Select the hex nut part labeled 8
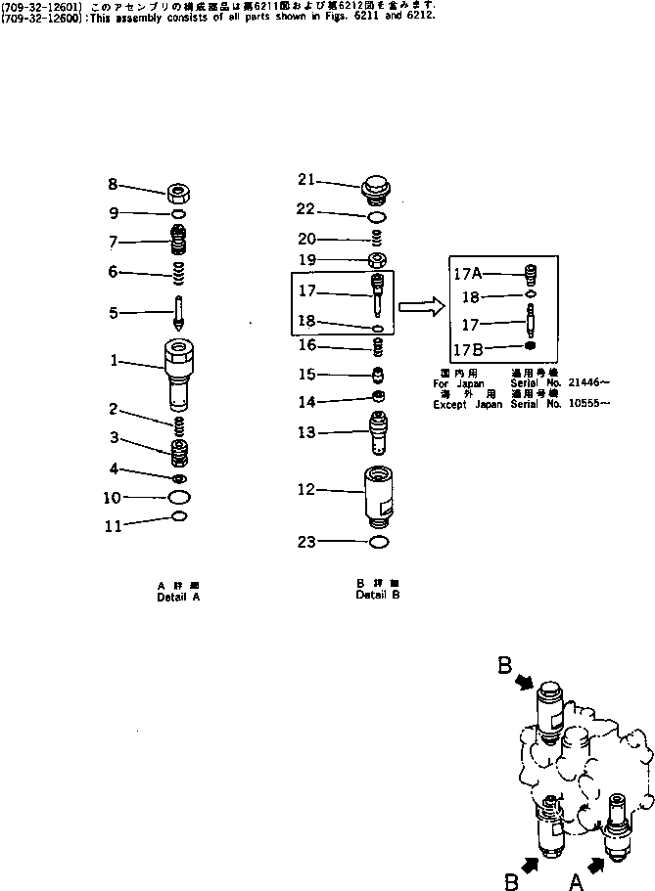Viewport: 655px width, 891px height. [179, 191]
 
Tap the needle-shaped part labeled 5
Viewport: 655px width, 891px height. [180, 313]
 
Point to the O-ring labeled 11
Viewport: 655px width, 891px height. [179, 515]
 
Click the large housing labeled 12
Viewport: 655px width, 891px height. [377, 494]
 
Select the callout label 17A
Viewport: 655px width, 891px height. [466, 275]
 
